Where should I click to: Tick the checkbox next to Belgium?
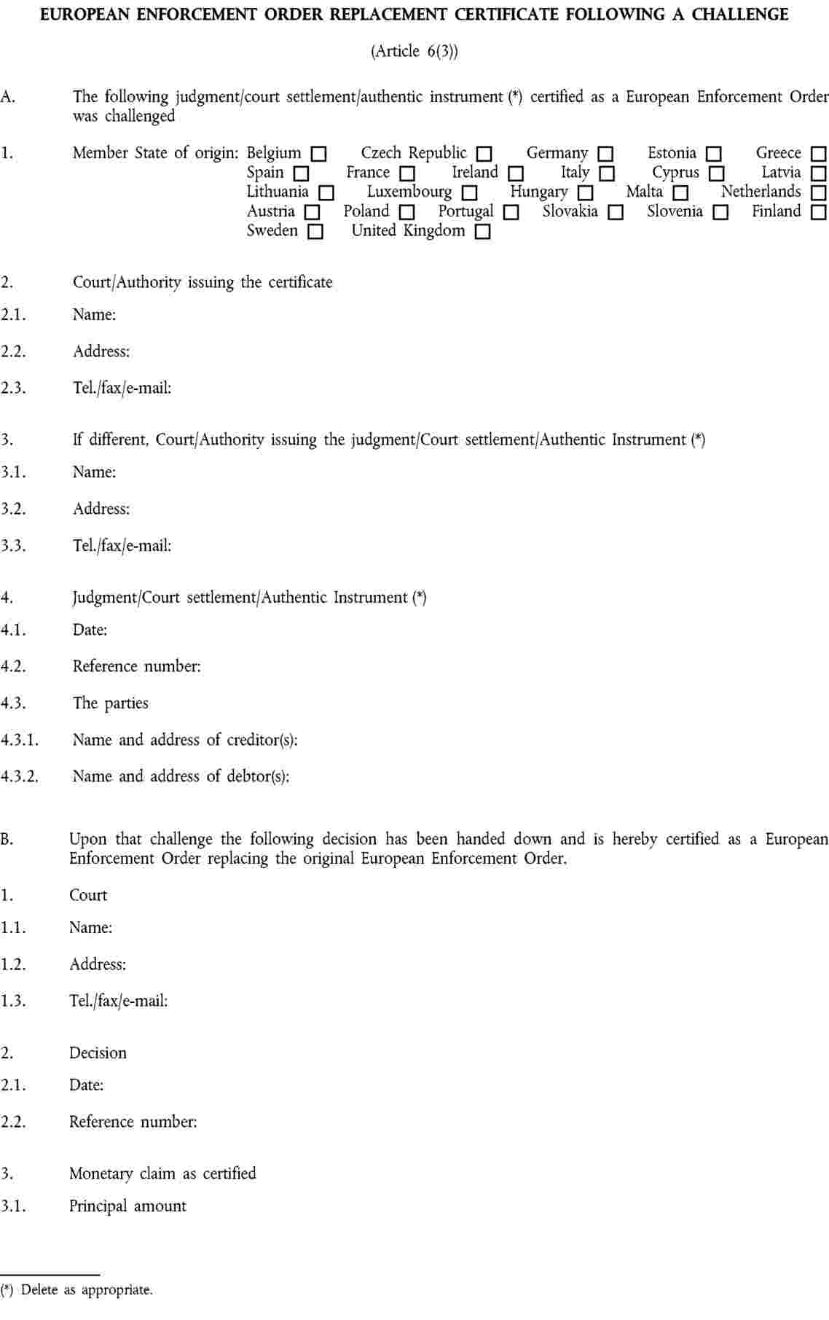[x=318, y=155]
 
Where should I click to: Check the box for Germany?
[x=605, y=155]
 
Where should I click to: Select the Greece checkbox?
[x=819, y=155]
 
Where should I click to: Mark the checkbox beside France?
[x=407, y=174]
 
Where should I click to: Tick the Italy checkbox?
[x=607, y=174]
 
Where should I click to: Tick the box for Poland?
[x=407, y=213]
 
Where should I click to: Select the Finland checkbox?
[x=819, y=213]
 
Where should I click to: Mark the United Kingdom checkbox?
[x=482, y=233]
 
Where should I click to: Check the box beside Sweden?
[x=315, y=233]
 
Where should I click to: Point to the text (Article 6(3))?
[x=414, y=51]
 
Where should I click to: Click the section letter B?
[x=7, y=839]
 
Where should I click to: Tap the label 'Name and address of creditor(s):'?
[x=185, y=740]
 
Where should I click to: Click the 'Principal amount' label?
[x=127, y=1206]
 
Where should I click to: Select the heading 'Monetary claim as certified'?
[x=162, y=1173]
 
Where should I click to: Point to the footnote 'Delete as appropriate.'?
[x=87, y=1290]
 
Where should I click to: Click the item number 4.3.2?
[x=19, y=777]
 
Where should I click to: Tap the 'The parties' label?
[x=110, y=703]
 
